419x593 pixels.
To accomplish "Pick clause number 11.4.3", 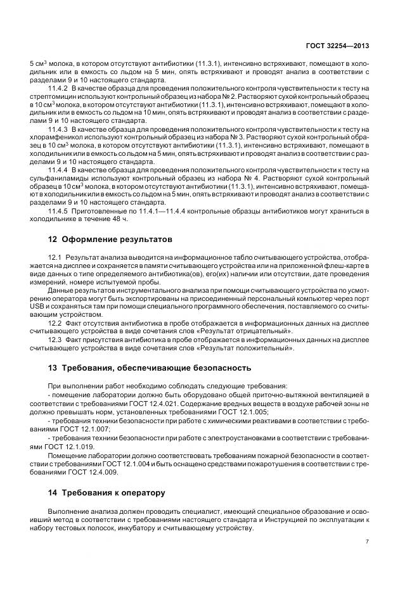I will coord(58,129).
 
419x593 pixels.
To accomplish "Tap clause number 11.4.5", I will coord(58,210).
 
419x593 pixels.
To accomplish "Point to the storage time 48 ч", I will coord(119,219).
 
